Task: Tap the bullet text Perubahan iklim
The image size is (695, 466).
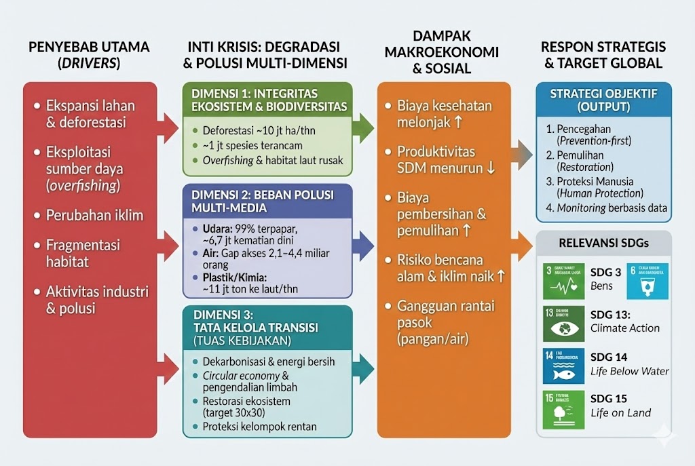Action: tap(94, 216)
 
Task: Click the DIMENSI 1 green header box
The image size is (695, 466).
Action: tap(267, 99)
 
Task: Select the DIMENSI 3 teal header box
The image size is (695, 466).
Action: tap(267, 326)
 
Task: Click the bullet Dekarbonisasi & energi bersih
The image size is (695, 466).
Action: tap(269, 362)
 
